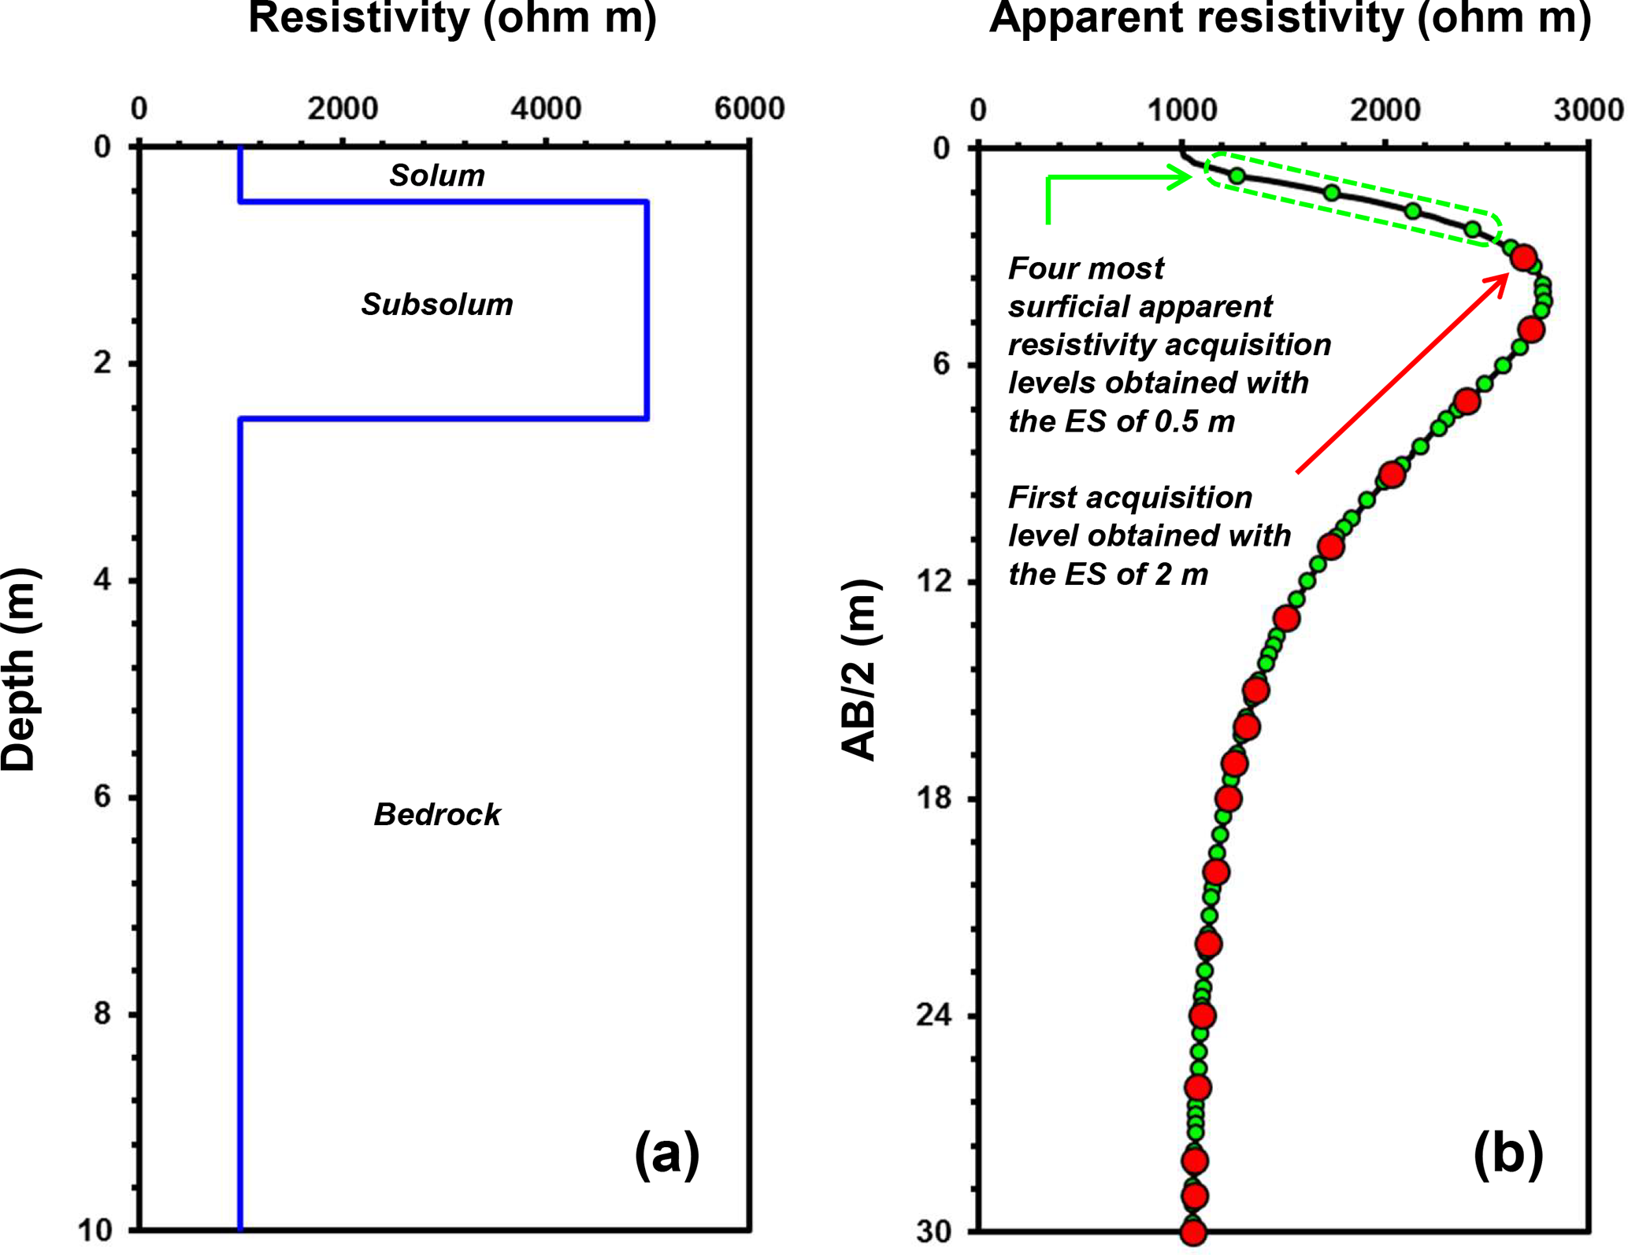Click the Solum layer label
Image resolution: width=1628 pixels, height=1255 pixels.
tap(436, 175)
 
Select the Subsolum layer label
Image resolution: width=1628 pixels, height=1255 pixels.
tap(436, 304)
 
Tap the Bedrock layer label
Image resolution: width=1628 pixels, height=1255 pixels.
tap(436, 814)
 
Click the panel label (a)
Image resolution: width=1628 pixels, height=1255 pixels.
tap(666, 1154)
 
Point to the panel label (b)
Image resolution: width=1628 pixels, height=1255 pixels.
tap(1507, 1154)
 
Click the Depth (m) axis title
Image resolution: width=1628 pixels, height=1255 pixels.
tap(19, 669)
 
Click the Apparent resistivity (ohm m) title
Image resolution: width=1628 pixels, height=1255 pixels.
tap(1290, 17)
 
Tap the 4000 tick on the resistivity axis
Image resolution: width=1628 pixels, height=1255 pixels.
tap(546, 109)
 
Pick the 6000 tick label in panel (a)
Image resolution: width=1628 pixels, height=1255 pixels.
tap(749, 109)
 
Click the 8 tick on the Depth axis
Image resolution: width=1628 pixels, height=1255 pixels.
tap(102, 1013)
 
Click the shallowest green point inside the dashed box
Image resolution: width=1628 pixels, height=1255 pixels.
tap(1237, 176)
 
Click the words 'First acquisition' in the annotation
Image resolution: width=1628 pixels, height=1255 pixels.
tap(1130, 498)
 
